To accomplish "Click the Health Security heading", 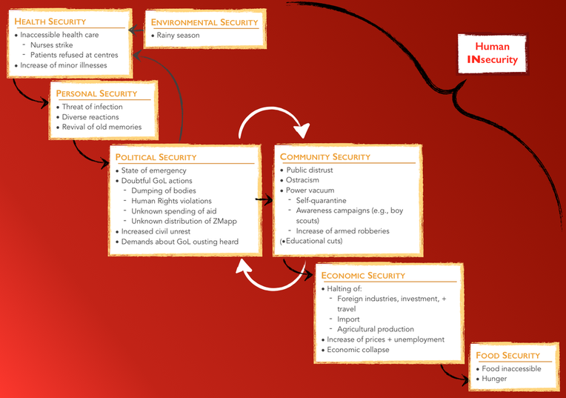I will pos(50,21).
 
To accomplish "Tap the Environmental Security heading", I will pos(204,22).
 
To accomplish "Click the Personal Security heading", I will pos(97,93).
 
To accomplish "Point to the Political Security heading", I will pos(156,157).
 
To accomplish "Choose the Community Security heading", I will pos(325,157).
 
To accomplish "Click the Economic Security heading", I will pos(363,276).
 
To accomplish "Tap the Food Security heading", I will pos(507,356).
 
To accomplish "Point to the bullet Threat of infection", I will pos(93,107).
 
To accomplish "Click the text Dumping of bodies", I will pos(165,190).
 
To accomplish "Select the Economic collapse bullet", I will pos(358,350).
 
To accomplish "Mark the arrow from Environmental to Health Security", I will pos(136,30).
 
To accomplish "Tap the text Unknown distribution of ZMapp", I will pos(184,221).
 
